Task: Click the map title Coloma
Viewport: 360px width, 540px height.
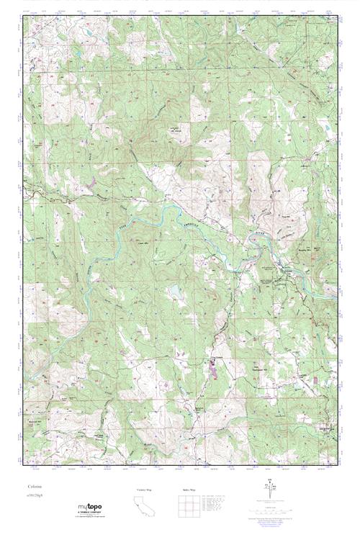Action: click(33, 487)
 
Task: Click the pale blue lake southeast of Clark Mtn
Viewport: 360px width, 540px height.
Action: click(174, 291)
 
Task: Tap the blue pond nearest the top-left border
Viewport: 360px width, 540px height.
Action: click(86, 34)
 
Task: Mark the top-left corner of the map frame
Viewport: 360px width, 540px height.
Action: click(23, 16)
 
